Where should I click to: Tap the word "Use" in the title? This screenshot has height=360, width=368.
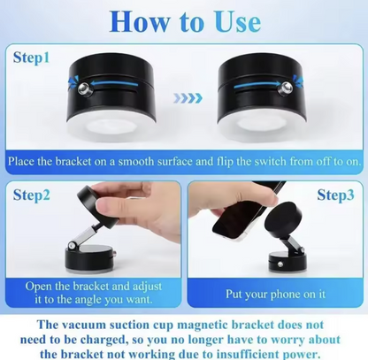[x=238, y=21]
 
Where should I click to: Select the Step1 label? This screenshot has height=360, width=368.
[x=31, y=57]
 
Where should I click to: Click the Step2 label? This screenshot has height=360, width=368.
[x=31, y=195]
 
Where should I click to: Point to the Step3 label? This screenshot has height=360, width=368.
[x=335, y=195]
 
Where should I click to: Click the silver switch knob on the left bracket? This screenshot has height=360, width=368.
[x=84, y=88]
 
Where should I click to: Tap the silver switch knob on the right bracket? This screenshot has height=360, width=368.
[x=286, y=87]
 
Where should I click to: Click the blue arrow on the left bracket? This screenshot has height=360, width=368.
[x=114, y=85]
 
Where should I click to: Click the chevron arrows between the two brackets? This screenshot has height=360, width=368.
[x=188, y=98]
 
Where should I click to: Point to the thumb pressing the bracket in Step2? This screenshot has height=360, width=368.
[x=109, y=207]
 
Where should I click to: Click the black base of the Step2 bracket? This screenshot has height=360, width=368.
[x=88, y=258]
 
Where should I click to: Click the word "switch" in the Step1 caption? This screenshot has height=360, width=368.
[x=270, y=162]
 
